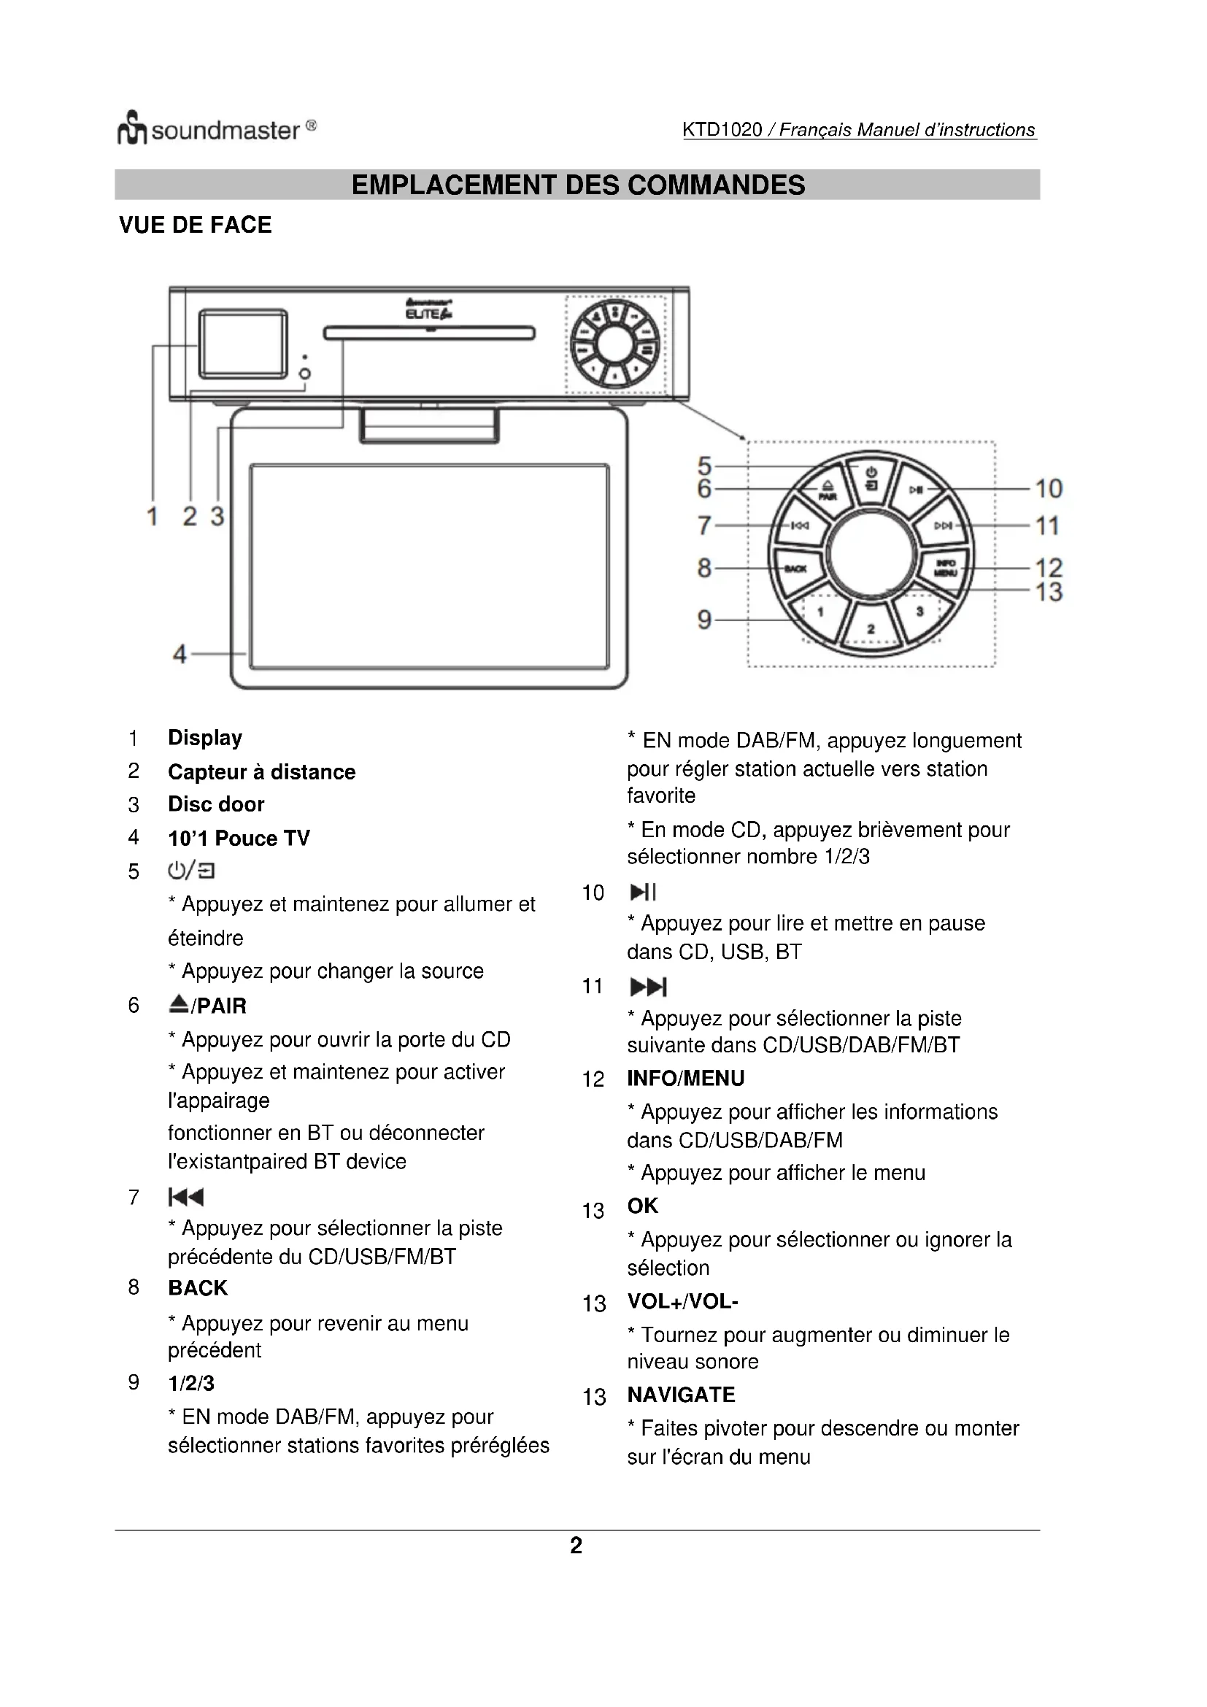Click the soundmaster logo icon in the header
[131, 128]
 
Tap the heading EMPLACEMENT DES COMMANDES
[577, 185]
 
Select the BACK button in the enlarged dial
[796, 568]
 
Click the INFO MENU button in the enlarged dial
[944, 568]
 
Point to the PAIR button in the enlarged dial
[827, 491]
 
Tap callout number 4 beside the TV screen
[179, 654]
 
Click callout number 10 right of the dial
[1049, 488]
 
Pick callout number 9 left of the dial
[703, 620]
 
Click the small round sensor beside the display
[305, 373]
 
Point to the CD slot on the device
[430, 333]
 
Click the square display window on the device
[242, 344]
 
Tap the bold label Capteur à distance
[262, 771]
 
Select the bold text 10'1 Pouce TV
[239, 839]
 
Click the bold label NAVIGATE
[681, 1395]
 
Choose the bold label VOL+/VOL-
[682, 1302]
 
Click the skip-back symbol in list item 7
[186, 1197]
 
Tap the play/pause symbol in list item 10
[643, 892]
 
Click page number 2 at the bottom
[576, 1546]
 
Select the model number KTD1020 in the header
[722, 130]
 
